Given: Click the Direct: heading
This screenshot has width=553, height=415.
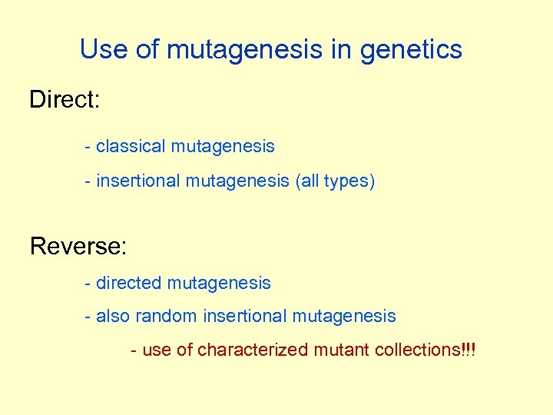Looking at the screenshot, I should pyautogui.click(x=65, y=100).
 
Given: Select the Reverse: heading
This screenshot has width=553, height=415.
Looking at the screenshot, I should pyautogui.click(x=78, y=247).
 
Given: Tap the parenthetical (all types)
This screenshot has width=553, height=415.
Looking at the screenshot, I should pyautogui.click(x=335, y=181).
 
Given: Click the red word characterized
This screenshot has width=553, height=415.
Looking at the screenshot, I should pyautogui.click(x=253, y=350).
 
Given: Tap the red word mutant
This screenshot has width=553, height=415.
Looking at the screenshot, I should pyautogui.click(x=342, y=350).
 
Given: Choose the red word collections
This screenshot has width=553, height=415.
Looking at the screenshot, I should pyautogui.click(x=419, y=350).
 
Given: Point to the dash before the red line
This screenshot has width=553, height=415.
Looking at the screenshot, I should pyautogui.click(x=134, y=350).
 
